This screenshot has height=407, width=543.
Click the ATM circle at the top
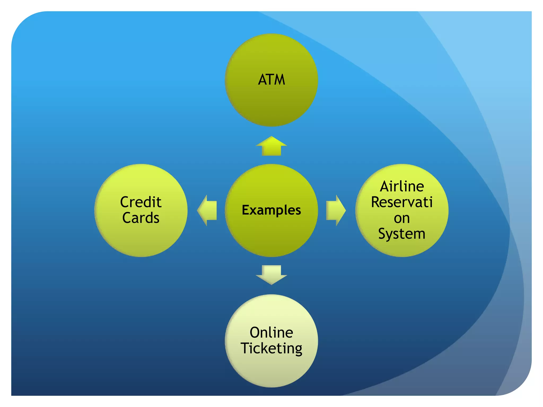[271, 101]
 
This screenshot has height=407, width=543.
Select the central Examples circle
[271, 233]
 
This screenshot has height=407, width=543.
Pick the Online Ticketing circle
[271, 368]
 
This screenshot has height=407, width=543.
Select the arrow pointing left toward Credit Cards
[207, 210]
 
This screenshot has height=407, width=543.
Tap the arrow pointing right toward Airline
[336, 210]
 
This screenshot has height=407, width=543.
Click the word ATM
[271, 79]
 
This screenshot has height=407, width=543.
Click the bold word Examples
[271, 210]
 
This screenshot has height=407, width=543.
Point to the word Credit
[141, 202]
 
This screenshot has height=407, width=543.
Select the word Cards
[141, 218]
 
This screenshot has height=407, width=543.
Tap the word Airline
[402, 186]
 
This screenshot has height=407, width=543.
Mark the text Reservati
[402, 202]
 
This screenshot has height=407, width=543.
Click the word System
[402, 234]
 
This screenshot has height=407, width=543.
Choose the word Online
[271, 333]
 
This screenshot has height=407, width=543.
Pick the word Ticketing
[271, 348]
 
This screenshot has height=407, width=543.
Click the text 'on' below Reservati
[402, 219]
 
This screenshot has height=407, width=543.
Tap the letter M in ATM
[279, 79]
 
